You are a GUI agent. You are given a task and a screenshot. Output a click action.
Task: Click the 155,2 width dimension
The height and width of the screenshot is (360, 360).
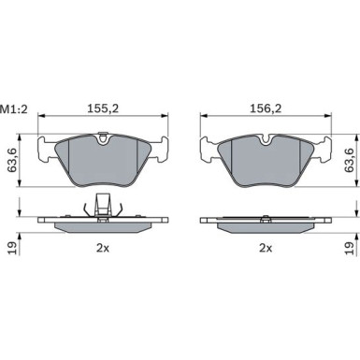point(103,108)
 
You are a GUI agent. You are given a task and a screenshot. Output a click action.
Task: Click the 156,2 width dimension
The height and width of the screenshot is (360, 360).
point(266,108)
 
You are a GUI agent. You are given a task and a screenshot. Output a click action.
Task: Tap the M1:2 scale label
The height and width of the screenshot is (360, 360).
point(14,109)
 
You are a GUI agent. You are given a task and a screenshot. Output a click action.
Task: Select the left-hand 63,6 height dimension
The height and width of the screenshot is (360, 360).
point(13,160)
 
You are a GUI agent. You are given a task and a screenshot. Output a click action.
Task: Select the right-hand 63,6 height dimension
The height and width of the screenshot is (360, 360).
point(349,160)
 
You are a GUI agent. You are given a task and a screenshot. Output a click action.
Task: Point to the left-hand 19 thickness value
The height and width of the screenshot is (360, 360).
point(13,248)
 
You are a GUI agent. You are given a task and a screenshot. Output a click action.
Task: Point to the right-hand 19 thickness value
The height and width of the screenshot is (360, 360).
point(349,248)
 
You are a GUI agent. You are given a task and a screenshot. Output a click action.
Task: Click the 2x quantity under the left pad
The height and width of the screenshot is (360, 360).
point(103,248)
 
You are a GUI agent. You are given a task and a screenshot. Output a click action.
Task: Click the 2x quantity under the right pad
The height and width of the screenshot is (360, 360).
point(266,248)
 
